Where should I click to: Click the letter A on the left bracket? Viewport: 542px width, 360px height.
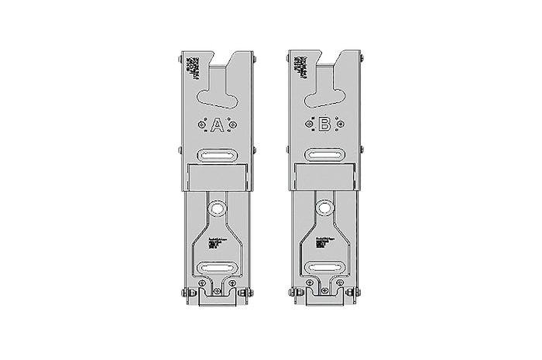point(218,125)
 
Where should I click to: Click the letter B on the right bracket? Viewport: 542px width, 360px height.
point(325,125)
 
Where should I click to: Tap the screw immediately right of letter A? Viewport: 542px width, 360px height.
point(234,124)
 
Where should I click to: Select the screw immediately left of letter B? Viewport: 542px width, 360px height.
point(310,124)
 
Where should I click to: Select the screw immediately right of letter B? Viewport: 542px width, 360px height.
point(341,124)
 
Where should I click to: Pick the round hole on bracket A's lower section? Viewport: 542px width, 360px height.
point(218,207)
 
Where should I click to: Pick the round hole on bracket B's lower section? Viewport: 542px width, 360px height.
point(325,207)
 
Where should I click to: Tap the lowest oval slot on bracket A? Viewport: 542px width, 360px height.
point(218,268)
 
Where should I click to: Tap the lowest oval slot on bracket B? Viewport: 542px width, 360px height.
point(325,268)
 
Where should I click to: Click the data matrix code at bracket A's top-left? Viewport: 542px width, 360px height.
point(188,67)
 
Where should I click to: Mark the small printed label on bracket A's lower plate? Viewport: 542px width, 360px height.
point(214,242)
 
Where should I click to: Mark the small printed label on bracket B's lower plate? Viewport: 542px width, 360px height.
point(321,242)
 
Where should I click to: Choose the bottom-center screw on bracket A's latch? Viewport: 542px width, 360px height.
point(218,293)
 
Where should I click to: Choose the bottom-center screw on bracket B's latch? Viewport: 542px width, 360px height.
point(325,293)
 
